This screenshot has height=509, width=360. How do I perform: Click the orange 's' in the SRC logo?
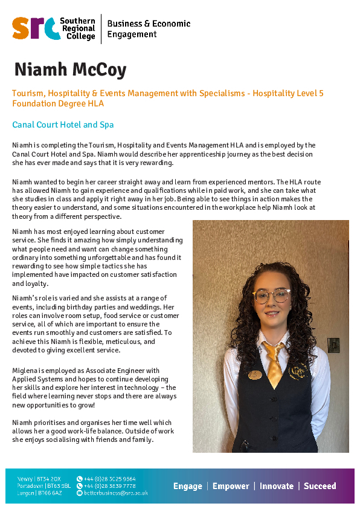(x=21, y=28)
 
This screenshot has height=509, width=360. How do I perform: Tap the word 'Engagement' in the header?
(x=132, y=34)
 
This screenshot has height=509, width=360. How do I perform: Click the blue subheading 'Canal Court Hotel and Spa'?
(x=63, y=125)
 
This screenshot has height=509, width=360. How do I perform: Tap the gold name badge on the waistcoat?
(x=255, y=375)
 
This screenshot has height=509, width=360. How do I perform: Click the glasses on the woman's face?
(x=271, y=296)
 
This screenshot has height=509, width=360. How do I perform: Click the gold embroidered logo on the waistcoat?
(x=296, y=369)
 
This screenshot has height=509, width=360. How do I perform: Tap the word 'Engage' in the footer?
(x=187, y=486)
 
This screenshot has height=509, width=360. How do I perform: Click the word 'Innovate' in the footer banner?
(x=277, y=486)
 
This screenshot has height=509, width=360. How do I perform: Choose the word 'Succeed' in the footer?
(x=320, y=486)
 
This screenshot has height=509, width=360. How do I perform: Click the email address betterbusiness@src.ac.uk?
(x=115, y=493)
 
